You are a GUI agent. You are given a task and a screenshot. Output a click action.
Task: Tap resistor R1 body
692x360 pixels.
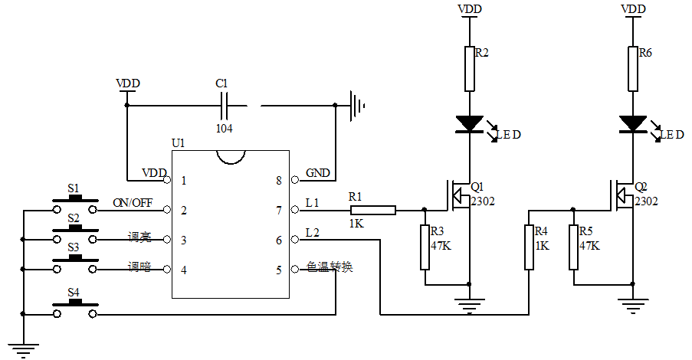(372, 210)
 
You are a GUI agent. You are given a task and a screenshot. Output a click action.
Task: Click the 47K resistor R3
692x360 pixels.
(425, 247)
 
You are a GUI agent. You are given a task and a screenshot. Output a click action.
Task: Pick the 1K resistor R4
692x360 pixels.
(529, 247)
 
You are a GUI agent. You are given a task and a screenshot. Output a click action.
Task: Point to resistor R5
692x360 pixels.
(573, 247)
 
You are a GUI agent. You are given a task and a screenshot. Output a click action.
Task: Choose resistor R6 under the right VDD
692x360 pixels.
(633, 69)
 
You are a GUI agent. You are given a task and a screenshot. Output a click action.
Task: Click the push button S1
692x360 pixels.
(74, 204)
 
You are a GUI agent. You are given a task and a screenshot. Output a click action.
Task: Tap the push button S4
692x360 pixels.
(74, 309)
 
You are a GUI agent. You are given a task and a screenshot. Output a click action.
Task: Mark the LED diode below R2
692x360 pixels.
(469, 123)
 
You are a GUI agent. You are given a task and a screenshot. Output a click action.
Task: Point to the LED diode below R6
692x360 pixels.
(633, 123)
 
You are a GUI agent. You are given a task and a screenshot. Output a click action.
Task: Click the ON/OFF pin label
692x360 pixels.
(132, 203)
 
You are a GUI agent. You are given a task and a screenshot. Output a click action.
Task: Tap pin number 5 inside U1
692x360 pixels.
(279, 269)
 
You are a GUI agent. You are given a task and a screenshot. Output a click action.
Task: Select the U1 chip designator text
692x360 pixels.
(178, 143)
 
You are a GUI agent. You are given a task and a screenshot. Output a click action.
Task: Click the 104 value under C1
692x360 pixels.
(225, 129)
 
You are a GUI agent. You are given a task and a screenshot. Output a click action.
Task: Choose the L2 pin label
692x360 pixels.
(313, 232)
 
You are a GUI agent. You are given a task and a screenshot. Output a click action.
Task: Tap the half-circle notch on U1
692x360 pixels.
(231, 155)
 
